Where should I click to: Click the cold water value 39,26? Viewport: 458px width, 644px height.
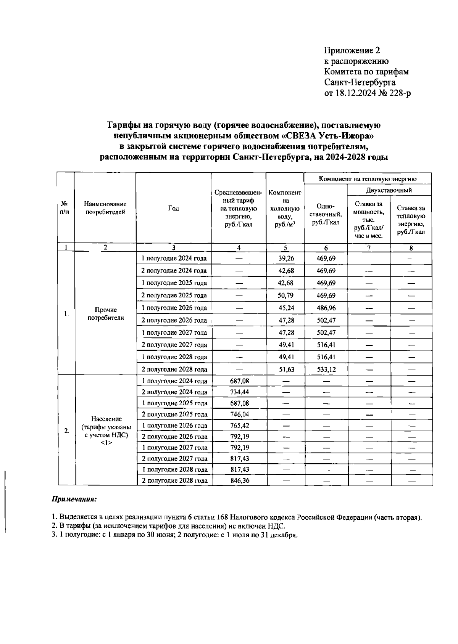[286, 259]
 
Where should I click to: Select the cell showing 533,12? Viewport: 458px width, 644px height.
[326, 369]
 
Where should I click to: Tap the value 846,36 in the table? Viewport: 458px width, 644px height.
[240, 480]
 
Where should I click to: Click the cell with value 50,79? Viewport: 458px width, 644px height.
[286, 296]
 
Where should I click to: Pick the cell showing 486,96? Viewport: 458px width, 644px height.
[326, 308]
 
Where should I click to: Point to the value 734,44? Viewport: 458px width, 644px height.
[240, 392]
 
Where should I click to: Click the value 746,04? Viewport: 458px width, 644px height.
[240, 414]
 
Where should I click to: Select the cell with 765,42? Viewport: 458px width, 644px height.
[240, 425]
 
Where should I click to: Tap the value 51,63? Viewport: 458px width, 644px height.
[286, 369]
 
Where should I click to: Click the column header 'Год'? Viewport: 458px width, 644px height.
[174, 208]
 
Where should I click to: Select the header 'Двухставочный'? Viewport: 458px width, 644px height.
[389, 190]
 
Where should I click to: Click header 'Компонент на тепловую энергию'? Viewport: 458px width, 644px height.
[368, 178]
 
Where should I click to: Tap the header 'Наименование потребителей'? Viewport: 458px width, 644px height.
[105, 208]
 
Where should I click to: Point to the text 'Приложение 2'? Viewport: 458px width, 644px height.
[352, 50]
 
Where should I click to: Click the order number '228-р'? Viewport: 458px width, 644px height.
[400, 93]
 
